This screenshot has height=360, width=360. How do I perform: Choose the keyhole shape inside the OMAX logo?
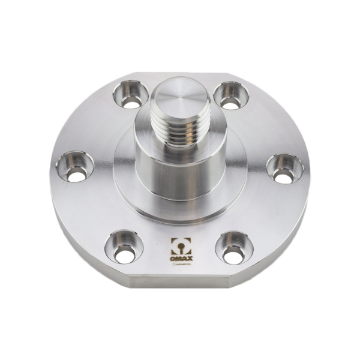point(179,247)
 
